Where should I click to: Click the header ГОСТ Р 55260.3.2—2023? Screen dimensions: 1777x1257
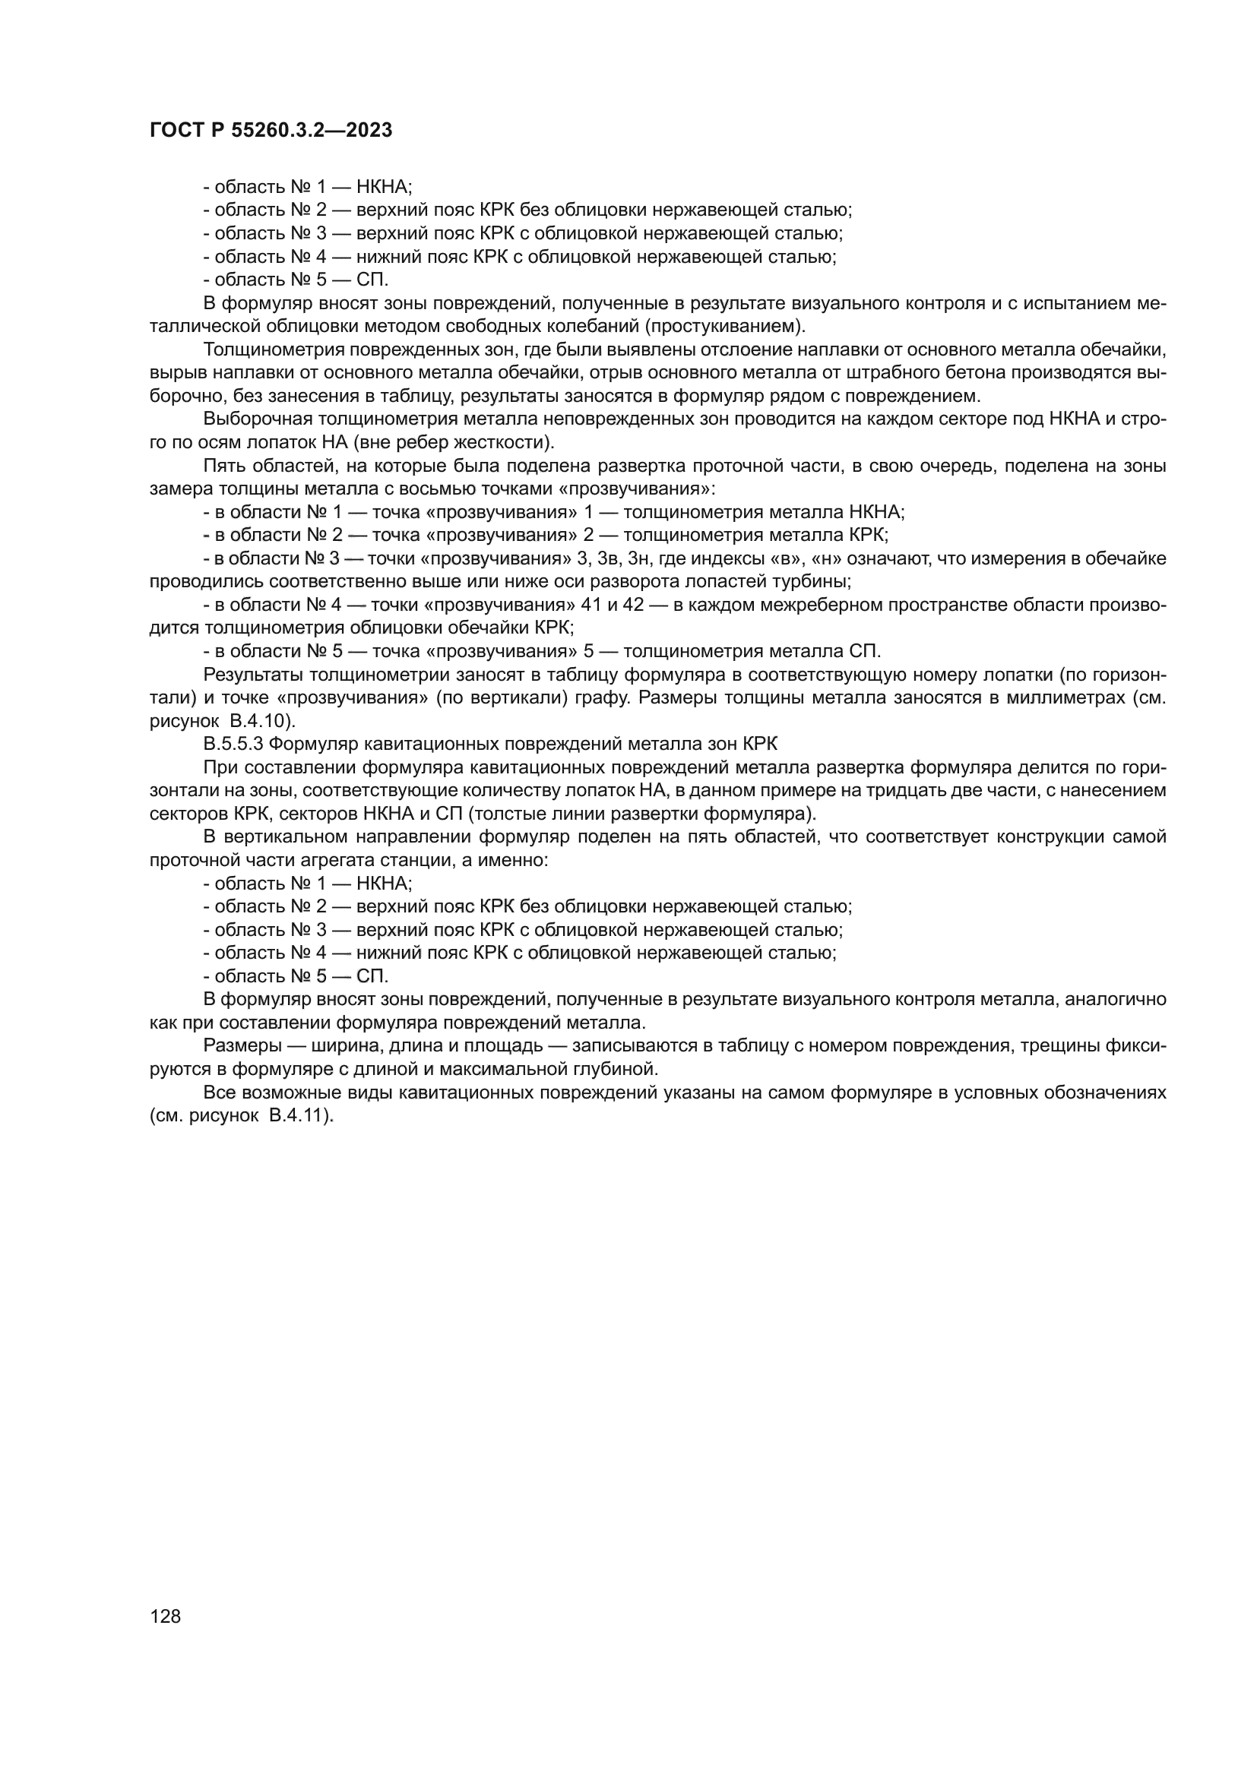point(270,130)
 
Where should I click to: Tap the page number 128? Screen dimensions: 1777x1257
point(165,1616)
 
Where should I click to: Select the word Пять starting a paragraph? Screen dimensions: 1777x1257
point(220,466)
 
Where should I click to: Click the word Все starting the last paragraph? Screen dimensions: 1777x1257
point(217,1092)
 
